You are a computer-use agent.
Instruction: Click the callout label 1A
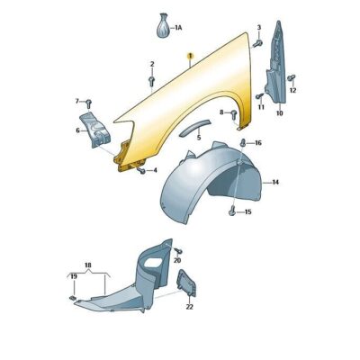click(178, 28)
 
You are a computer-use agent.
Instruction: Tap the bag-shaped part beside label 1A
click(163, 26)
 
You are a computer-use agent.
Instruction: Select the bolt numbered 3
click(257, 44)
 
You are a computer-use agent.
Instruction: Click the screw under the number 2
click(151, 80)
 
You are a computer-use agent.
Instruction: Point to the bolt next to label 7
click(88, 103)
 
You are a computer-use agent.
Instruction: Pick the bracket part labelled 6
click(94, 130)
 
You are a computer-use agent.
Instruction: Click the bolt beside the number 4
click(141, 171)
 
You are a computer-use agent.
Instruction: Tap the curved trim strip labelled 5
click(194, 128)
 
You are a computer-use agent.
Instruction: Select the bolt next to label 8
click(234, 114)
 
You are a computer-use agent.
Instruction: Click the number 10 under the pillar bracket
click(279, 113)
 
